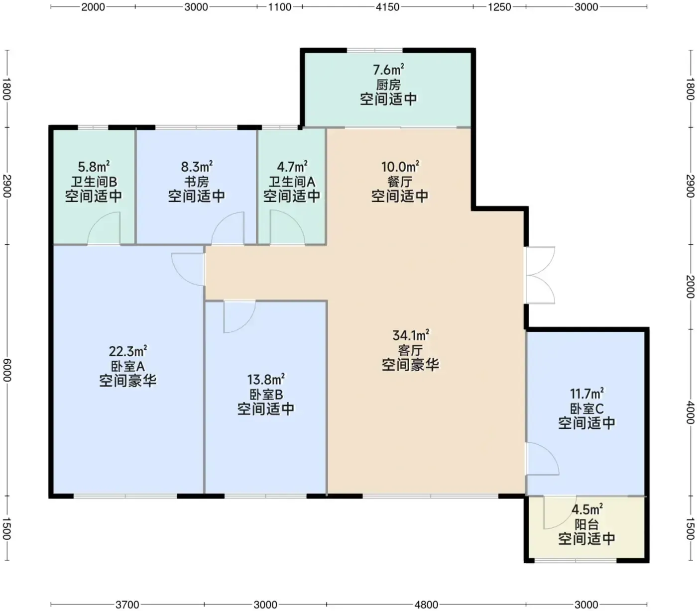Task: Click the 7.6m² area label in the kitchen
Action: tap(388, 70)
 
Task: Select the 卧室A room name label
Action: tap(127, 366)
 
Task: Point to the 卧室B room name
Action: tap(265, 395)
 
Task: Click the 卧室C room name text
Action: tap(586, 408)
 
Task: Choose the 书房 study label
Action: tap(197, 182)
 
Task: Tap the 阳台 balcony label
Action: tap(586, 525)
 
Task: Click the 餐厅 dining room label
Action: tap(400, 182)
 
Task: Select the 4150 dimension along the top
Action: tap(387, 7)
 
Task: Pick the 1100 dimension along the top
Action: tap(280, 7)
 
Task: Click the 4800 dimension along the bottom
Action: tap(426, 604)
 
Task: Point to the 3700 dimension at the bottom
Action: tap(127, 604)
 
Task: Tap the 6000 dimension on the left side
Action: tap(7, 370)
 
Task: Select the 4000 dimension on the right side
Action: tap(690, 412)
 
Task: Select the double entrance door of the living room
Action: tap(540, 275)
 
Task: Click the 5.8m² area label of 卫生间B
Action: tap(94, 167)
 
